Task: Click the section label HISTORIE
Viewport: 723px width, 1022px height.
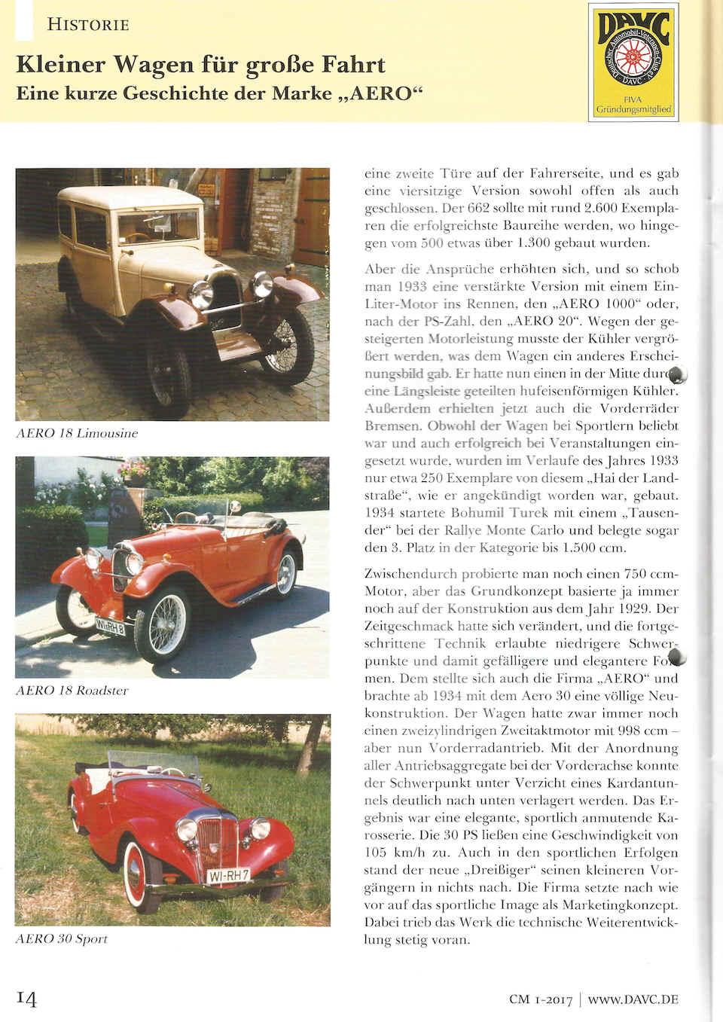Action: coord(87,24)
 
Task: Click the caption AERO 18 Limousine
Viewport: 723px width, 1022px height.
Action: coord(77,433)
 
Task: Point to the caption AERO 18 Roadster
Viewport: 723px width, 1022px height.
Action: coord(72,690)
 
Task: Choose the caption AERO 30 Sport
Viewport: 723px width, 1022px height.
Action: coord(62,938)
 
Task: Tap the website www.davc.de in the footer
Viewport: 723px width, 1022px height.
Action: coord(633,999)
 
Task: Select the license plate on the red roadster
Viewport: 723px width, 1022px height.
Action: coord(110,624)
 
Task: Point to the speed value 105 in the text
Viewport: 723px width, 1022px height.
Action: coord(375,853)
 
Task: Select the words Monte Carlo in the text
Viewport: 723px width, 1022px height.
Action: coord(528,530)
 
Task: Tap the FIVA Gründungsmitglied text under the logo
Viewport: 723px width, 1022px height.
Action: coord(633,105)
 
